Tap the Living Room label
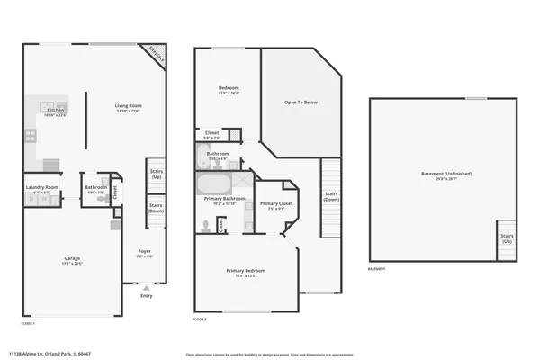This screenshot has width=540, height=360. click(129, 108)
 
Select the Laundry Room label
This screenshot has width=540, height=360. click(41, 189)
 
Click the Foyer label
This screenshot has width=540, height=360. click(144, 253)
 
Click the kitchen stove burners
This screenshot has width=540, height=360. click(30, 137)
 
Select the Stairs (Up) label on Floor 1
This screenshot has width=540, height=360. click(157, 174)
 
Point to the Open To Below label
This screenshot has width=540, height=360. click(301, 103)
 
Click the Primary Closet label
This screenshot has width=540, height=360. click(274, 206)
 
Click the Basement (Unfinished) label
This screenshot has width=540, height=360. click(446, 175)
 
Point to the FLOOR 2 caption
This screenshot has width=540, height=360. click(200, 319)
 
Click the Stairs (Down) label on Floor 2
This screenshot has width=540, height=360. click(331, 195)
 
